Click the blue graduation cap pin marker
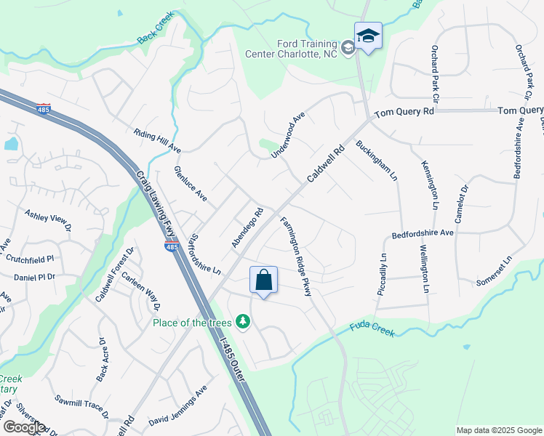(368, 36)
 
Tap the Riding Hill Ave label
(157, 140)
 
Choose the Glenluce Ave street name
(191, 184)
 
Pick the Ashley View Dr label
(49, 221)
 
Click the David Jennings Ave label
(178, 411)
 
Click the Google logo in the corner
(23, 427)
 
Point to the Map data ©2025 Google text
(498, 430)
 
